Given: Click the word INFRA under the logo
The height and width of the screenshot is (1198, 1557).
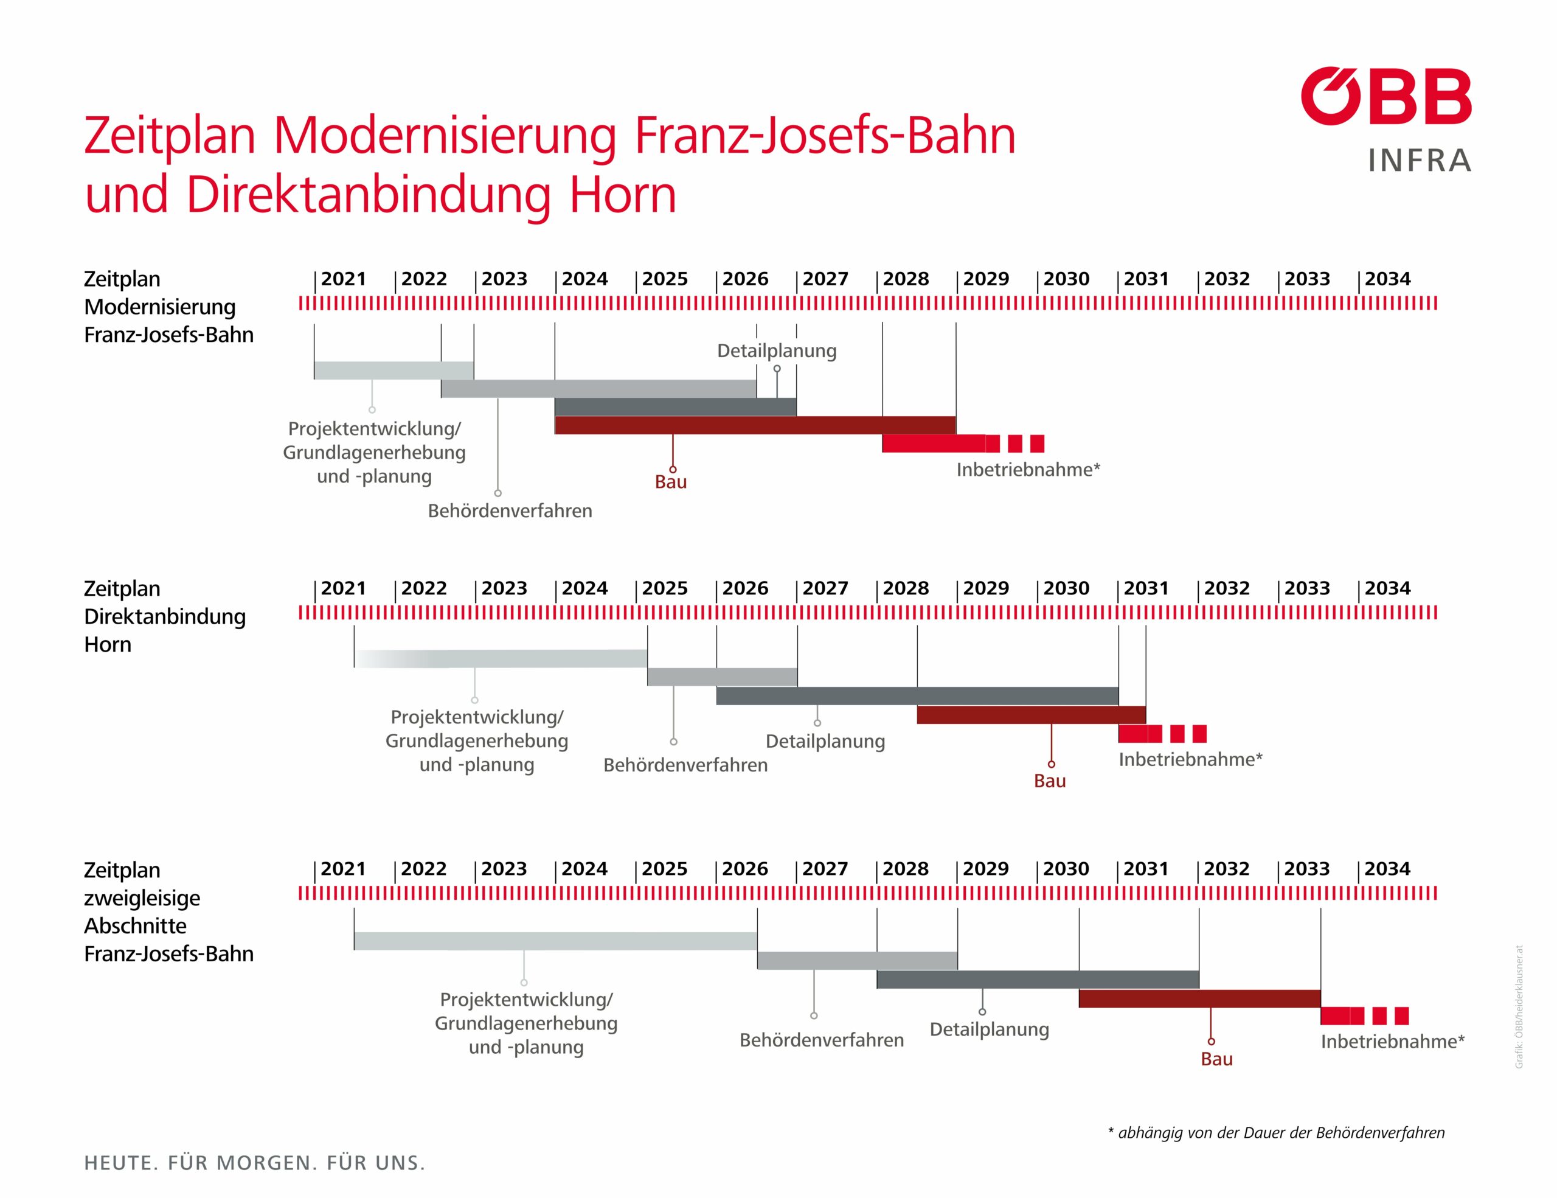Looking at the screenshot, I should click(x=1420, y=161).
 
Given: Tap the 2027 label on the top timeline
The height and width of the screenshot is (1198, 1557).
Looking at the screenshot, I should click(x=825, y=279).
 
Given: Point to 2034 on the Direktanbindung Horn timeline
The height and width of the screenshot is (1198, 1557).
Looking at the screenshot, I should click(x=1387, y=588).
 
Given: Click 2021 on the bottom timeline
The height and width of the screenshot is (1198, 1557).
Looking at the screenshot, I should click(x=343, y=869).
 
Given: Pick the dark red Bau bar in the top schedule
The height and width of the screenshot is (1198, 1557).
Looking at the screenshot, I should click(x=754, y=425).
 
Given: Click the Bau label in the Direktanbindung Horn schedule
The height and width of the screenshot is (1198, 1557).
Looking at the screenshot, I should click(x=1049, y=781).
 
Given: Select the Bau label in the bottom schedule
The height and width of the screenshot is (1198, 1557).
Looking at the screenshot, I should click(x=1216, y=1059).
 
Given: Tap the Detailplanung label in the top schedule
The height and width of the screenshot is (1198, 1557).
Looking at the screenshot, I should click(x=776, y=351).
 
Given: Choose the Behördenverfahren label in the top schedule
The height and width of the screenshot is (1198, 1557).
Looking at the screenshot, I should click(x=510, y=511).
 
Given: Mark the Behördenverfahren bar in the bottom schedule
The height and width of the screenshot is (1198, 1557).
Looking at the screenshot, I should click(x=857, y=961).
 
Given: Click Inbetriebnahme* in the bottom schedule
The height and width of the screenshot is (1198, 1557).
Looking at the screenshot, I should click(x=1392, y=1041).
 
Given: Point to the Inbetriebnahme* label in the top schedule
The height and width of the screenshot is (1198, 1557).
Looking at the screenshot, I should click(x=1028, y=470).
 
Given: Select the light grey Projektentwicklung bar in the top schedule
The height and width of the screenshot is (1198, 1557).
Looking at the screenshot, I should click(x=394, y=371).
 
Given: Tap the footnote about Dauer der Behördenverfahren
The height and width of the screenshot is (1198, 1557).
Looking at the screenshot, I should click(x=1276, y=1133).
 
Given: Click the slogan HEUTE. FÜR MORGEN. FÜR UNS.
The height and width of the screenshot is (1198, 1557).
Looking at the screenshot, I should click(x=254, y=1163).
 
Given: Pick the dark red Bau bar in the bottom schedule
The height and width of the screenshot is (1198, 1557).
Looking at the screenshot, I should click(x=1199, y=998).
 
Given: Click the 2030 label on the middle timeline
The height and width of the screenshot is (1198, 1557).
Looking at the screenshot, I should click(x=1067, y=588).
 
